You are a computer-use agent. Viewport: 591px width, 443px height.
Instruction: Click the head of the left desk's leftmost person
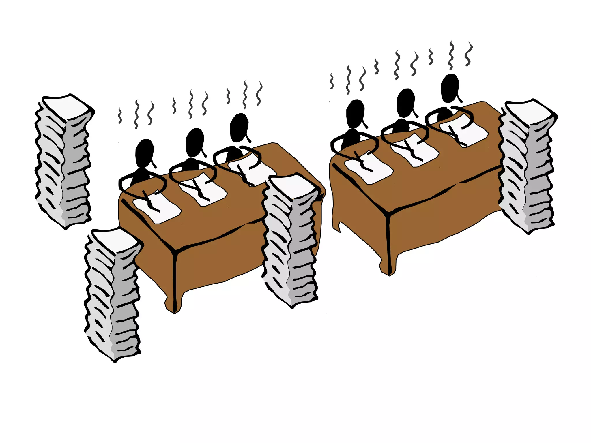[144, 153]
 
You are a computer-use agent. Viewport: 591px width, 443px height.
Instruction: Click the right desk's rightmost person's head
[450, 88]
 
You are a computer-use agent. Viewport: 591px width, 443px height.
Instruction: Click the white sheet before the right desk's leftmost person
[372, 170]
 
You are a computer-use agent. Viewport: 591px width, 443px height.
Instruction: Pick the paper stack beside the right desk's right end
[528, 167]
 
